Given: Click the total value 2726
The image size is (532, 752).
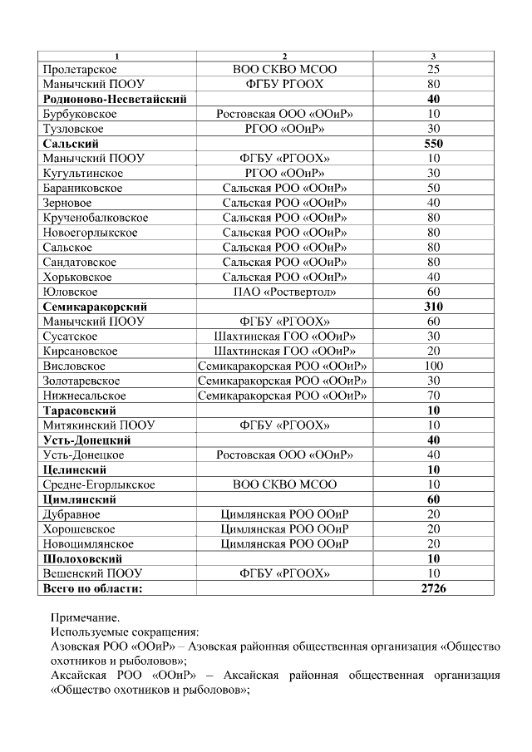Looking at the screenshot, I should pyautogui.click(x=433, y=588).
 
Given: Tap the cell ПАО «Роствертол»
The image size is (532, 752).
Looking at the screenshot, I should pyautogui.click(x=284, y=292).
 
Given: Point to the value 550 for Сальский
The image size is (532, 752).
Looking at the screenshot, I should pyautogui.click(x=433, y=144).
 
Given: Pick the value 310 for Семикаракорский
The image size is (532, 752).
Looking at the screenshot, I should pyautogui.click(x=433, y=307).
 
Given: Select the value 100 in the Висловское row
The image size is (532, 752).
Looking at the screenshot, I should pyautogui.click(x=433, y=366).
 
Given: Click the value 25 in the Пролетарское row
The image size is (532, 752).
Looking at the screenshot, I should pyautogui.click(x=433, y=69).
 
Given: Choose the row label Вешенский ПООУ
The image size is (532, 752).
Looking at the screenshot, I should pyautogui.click(x=92, y=573).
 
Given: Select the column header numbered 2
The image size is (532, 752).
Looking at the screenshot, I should pyautogui.click(x=284, y=56).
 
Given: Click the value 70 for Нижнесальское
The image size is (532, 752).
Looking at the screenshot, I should pyautogui.click(x=433, y=396).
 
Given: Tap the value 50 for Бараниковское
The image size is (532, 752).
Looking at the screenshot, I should pyautogui.click(x=433, y=188).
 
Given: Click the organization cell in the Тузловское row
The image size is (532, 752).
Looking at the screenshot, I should pyautogui.click(x=284, y=129).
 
